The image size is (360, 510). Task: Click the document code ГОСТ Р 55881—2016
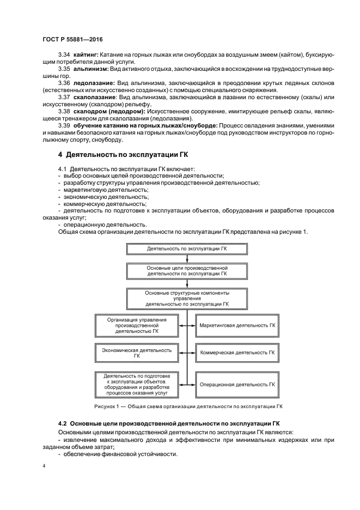tap(72, 39)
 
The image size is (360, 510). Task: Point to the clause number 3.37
tap(64, 96)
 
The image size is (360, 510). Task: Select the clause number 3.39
tap(64, 125)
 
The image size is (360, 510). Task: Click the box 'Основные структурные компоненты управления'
tap(187, 299)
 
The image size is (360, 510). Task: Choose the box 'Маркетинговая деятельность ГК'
tap(237, 325)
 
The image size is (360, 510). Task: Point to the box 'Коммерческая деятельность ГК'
tap(237, 353)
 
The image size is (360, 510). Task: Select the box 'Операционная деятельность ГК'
tap(237, 384)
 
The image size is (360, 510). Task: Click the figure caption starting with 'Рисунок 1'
tap(187, 406)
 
